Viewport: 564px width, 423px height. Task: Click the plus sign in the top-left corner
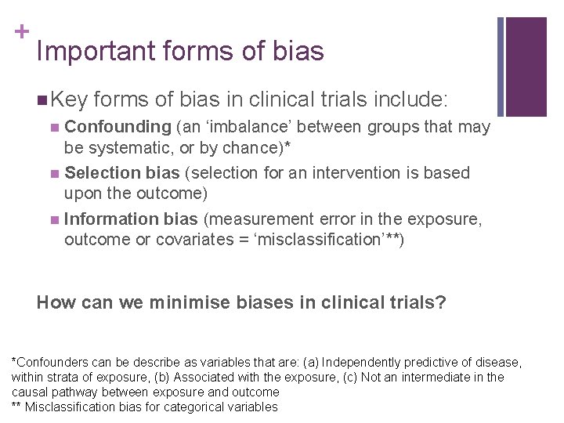[x=21, y=32]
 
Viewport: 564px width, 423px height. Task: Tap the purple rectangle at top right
[x=526, y=67]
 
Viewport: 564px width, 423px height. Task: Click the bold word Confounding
[x=118, y=126]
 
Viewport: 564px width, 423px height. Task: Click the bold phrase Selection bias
[x=121, y=172]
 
